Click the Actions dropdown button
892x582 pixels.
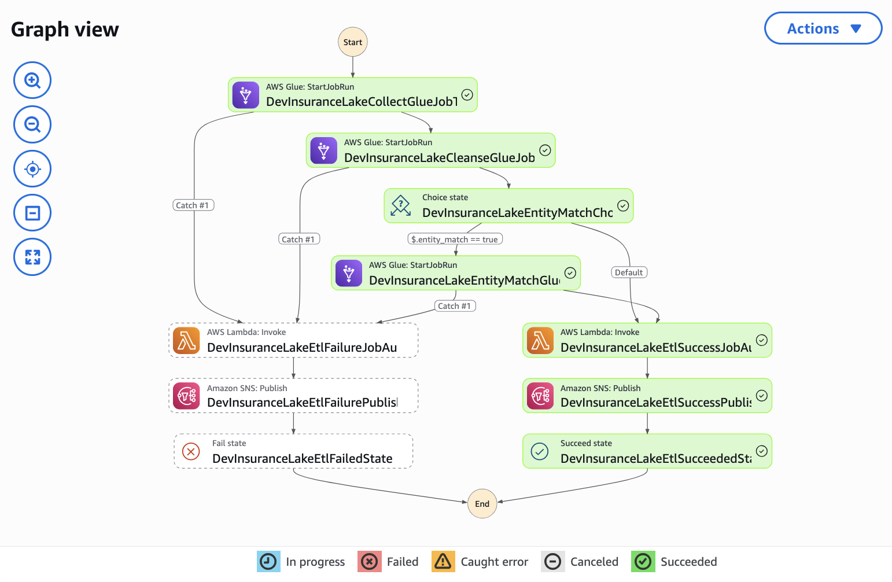pos(823,28)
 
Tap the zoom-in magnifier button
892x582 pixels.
pos(32,80)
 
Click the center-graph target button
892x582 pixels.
pos(32,169)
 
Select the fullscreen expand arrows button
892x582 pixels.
pos(32,257)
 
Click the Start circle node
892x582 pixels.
pos(352,42)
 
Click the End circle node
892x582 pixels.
pos(482,504)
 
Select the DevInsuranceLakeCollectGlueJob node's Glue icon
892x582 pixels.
pos(246,95)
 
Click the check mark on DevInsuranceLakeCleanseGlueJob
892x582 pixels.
pos(545,150)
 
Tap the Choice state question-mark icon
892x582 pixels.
pos(401,205)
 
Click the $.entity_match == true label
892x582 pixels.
pos(455,240)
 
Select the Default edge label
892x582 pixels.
pos(629,272)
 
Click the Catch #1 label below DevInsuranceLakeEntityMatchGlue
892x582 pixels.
pos(454,306)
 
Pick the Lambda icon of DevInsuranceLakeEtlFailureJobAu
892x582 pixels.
pos(186,341)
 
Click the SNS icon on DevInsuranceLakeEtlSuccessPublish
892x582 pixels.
pos(540,396)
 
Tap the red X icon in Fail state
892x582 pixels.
pos(191,451)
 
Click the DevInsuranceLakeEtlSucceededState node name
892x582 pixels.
pos(655,459)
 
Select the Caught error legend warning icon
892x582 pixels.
pos(443,561)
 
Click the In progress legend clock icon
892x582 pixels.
pos(268,561)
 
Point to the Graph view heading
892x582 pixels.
pos(65,30)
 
